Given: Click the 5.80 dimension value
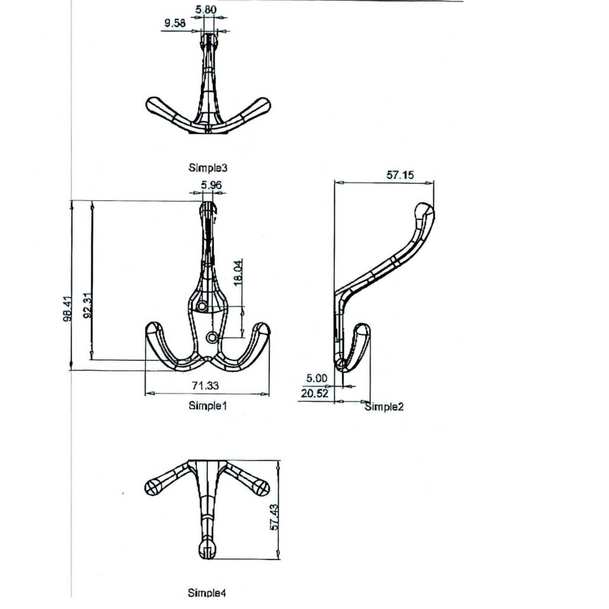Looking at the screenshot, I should pyautogui.click(x=206, y=10).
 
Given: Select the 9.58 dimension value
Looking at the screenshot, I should pyautogui.click(x=175, y=24).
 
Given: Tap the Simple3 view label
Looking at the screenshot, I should pyautogui.click(x=208, y=168).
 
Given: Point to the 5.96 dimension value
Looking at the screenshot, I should pyautogui.click(x=212, y=186).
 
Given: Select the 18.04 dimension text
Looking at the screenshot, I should pyautogui.click(x=239, y=273).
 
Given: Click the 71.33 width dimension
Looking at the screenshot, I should pyautogui.click(x=204, y=386).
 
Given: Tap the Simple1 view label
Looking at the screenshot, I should pyautogui.click(x=208, y=406).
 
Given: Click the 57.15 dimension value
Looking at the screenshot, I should pyautogui.click(x=401, y=175).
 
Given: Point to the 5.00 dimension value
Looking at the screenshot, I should pyautogui.click(x=316, y=378).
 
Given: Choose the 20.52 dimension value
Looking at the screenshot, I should pyautogui.click(x=315, y=393).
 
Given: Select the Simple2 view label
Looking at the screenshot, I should pyautogui.click(x=384, y=407).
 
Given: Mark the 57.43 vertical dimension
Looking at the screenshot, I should pyautogui.click(x=275, y=517).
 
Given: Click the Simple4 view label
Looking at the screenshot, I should pyautogui.click(x=207, y=592).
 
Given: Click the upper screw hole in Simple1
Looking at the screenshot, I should pyautogui.click(x=203, y=306).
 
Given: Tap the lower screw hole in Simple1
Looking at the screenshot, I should pyautogui.click(x=212, y=338).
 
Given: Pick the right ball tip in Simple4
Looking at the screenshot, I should pyautogui.click(x=262, y=488).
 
